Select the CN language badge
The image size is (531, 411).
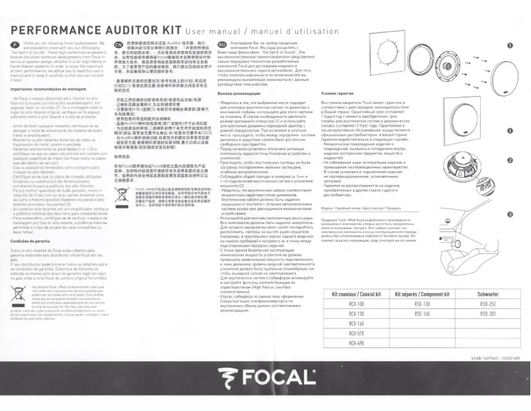coord(119,44)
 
